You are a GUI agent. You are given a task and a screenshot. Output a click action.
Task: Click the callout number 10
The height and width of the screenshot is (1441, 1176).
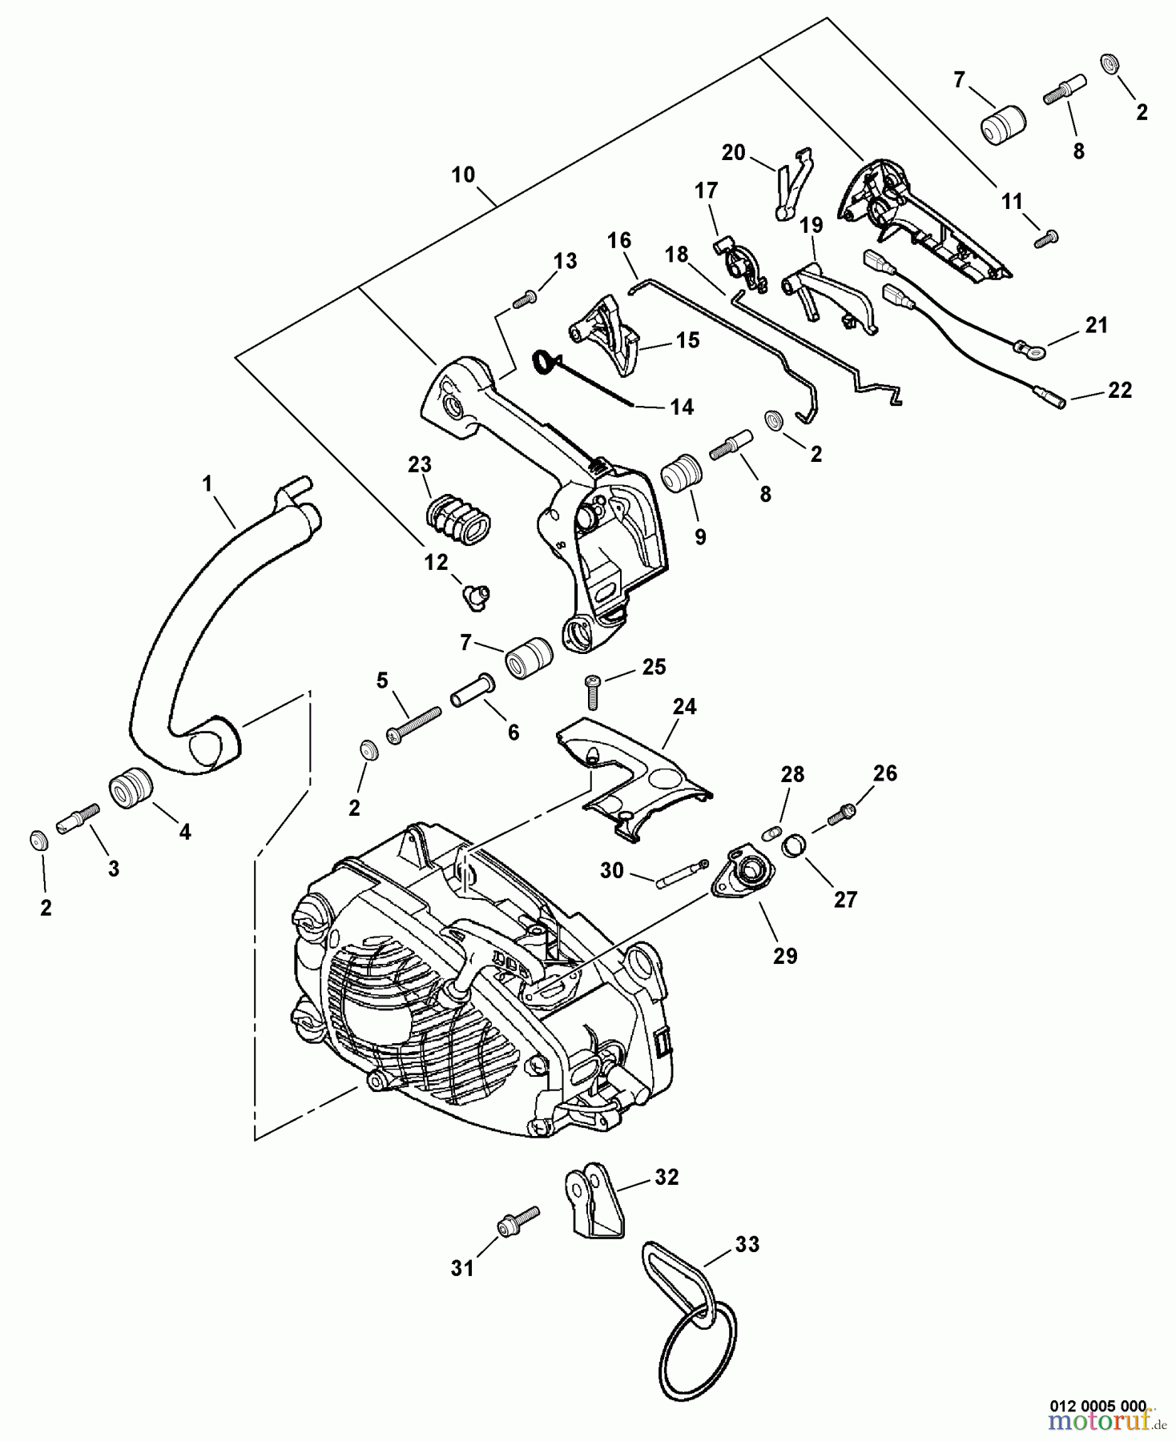pos(463,175)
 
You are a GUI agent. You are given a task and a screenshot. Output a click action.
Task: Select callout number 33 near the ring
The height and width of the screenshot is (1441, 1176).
pos(747,1244)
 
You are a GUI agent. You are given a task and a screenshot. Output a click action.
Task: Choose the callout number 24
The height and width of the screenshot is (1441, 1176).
pos(684,706)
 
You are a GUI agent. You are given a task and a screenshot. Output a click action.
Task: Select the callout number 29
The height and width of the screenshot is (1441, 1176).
pos(784,955)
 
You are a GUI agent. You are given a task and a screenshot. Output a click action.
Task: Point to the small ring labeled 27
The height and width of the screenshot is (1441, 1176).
pos(794,845)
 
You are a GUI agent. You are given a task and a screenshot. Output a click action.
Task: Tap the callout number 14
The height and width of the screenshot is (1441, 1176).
pos(681,407)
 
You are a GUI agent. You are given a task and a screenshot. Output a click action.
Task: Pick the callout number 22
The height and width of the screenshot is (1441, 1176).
pos(1119,390)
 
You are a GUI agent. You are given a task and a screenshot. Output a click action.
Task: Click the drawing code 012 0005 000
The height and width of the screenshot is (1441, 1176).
pos(1098,1405)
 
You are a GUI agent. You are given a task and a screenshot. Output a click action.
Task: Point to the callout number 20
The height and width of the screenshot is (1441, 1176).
pos(733,152)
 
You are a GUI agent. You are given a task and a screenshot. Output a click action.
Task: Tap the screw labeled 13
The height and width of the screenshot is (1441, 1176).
pos(523,299)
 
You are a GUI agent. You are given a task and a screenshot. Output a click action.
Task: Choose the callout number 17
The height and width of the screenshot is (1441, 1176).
pos(706,190)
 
